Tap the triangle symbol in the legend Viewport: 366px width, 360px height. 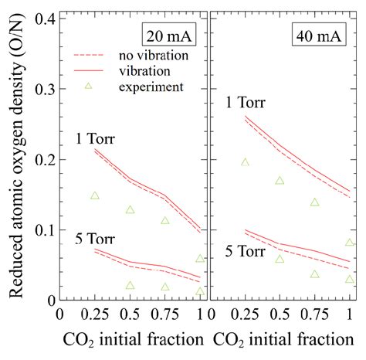[88, 86]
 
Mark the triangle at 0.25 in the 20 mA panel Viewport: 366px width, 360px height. [95, 195]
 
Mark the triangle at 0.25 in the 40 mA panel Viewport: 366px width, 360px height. [246, 162]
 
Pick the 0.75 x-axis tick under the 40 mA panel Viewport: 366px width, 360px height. [315, 315]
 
